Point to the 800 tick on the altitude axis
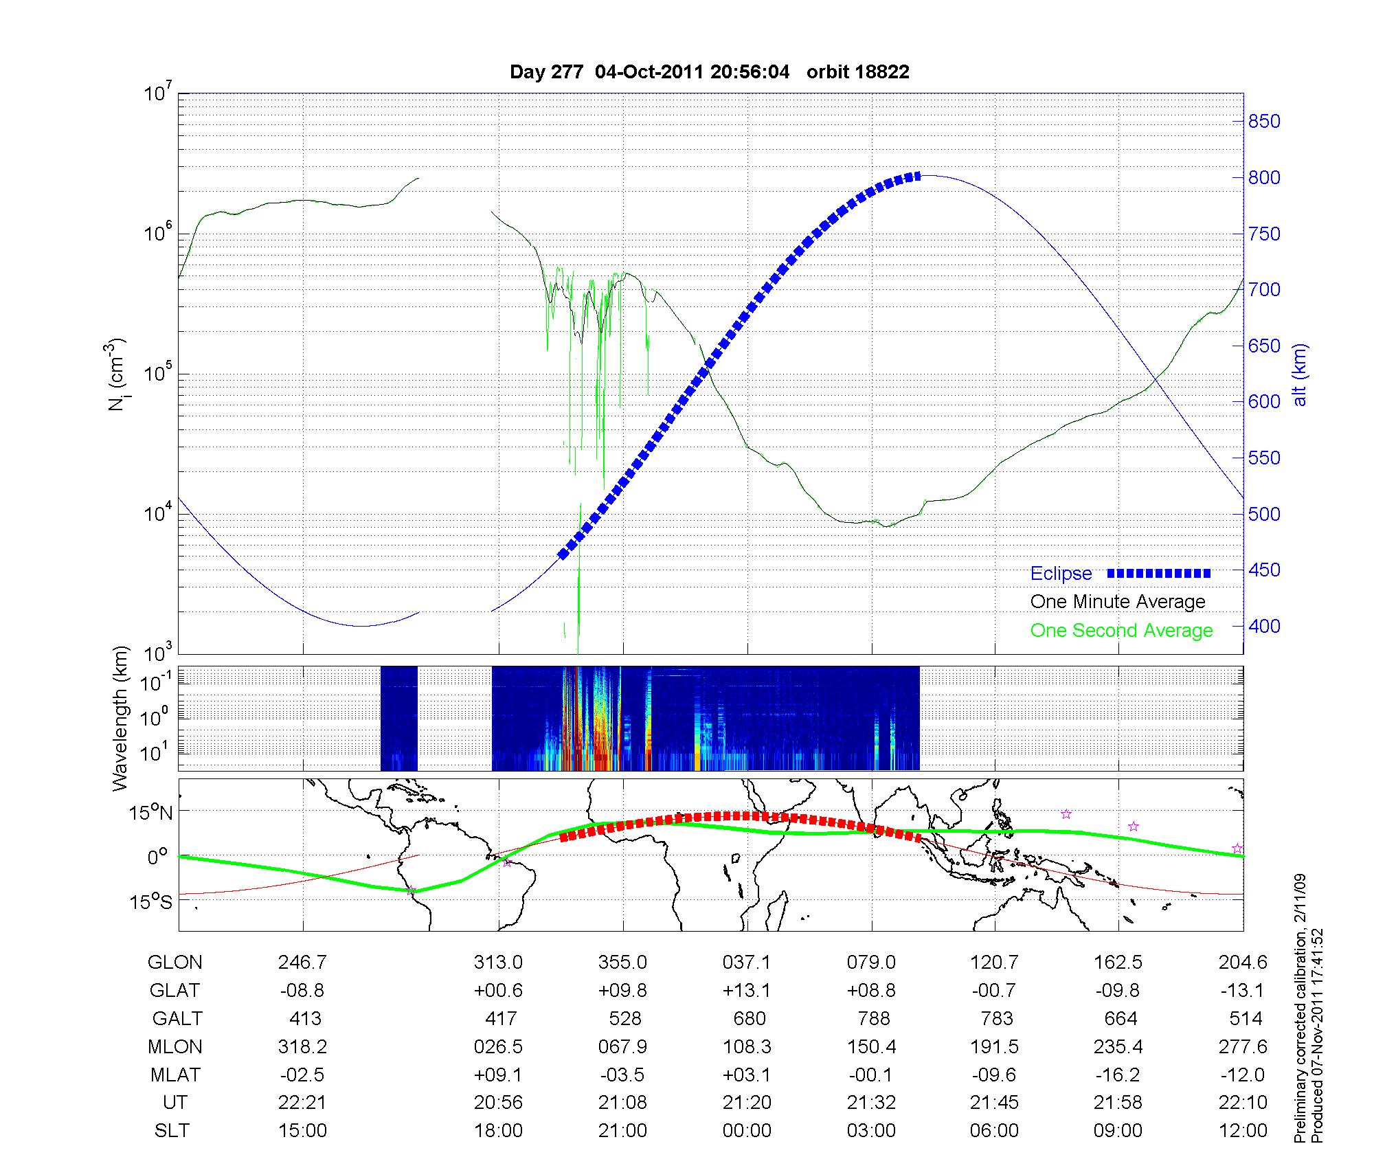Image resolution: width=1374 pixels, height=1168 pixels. (1264, 177)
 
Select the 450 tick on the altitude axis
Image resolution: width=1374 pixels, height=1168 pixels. (1264, 570)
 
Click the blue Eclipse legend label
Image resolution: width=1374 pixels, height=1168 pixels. (1061, 574)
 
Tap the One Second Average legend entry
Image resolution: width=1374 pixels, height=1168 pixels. (1121, 631)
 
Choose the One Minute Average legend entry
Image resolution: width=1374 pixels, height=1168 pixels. (1118, 602)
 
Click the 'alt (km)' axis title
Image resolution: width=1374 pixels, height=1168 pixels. (1300, 374)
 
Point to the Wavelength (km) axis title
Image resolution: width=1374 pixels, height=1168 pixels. (120, 718)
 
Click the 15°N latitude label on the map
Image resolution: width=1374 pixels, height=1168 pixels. (150, 813)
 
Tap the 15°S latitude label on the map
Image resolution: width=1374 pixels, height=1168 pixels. (150, 901)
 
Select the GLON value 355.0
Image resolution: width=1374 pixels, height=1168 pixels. (622, 963)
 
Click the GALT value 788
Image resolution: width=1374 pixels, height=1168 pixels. (874, 1018)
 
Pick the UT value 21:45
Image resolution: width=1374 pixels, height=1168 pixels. (994, 1103)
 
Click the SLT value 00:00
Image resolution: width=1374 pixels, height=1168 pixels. (747, 1131)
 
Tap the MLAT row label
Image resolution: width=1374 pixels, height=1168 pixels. (175, 1075)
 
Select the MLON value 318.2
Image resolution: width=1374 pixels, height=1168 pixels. (302, 1047)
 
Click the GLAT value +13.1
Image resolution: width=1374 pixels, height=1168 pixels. (747, 991)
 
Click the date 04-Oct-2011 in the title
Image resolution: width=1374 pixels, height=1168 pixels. (649, 72)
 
